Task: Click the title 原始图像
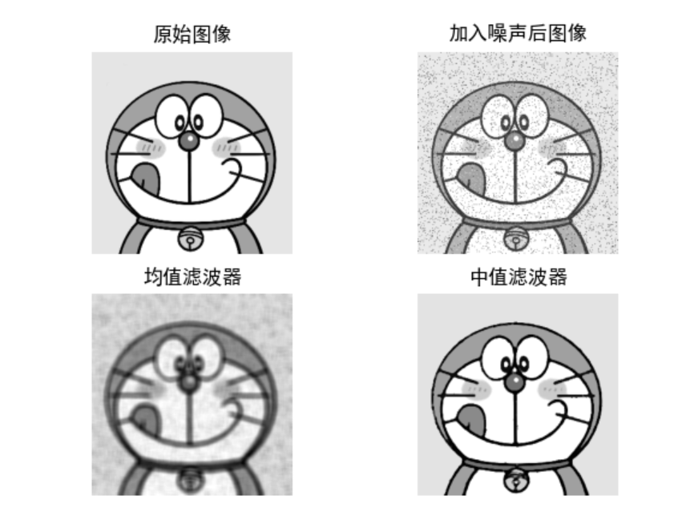click(192, 34)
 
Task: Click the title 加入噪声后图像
click(518, 34)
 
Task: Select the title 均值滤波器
click(192, 276)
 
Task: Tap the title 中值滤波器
click(519, 276)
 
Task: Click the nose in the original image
click(189, 140)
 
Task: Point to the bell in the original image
click(191, 238)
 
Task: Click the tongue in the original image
click(145, 177)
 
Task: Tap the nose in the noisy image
click(515, 140)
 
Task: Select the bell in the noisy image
click(516, 238)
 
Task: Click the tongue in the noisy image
click(471, 177)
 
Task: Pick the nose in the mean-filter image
click(189, 382)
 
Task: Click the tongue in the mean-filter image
click(145, 419)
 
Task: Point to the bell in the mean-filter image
click(191, 480)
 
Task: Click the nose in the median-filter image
click(515, 382)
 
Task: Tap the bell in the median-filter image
click(516, 480)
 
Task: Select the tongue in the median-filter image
click(471, 419)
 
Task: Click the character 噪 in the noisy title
click(497, 34)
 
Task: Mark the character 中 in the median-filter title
click(479, 276)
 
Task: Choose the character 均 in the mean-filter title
click(154, 276)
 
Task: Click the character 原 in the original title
click(163, 34)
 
